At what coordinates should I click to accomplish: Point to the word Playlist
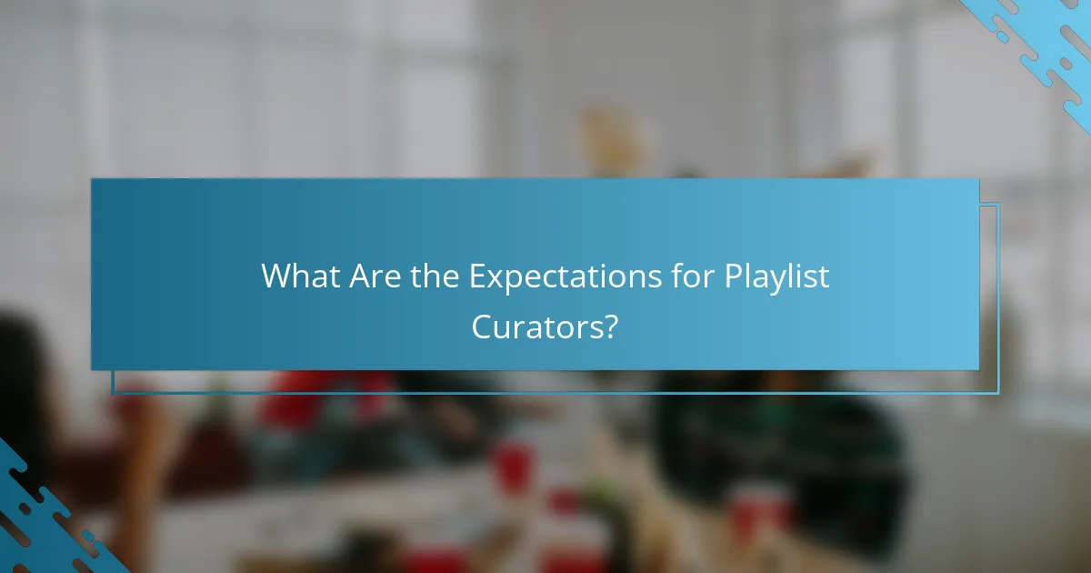pyautogui.click(x=776, y=276)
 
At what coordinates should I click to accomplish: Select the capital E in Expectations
pyautogui.click(x=476, y=276)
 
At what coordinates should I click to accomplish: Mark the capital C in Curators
pyautogui.click(x=483, y=327)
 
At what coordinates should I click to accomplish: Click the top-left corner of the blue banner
pyautogui.click(x=92, y=179)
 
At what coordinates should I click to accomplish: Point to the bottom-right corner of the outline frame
pyautogui.click(x=998, y=394)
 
